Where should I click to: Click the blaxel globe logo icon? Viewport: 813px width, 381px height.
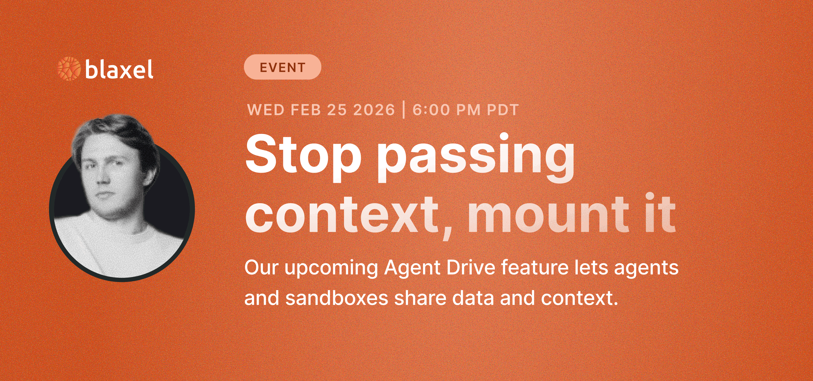coord(69,69)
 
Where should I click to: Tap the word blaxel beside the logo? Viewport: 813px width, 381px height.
coord(119,69)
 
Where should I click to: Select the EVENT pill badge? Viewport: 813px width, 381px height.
coord(283,67)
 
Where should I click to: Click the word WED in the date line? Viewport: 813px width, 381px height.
coord(266,110)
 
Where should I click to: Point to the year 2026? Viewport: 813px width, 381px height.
coord(374,110)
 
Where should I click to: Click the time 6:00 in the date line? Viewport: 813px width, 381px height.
coord(431,110)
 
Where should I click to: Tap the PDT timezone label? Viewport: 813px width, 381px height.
coord(503,110)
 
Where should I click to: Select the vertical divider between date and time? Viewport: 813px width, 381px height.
coord(404,110)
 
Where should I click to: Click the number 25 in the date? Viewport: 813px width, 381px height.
coord(336,110)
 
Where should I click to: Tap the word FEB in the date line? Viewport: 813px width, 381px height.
coord(305,110)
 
